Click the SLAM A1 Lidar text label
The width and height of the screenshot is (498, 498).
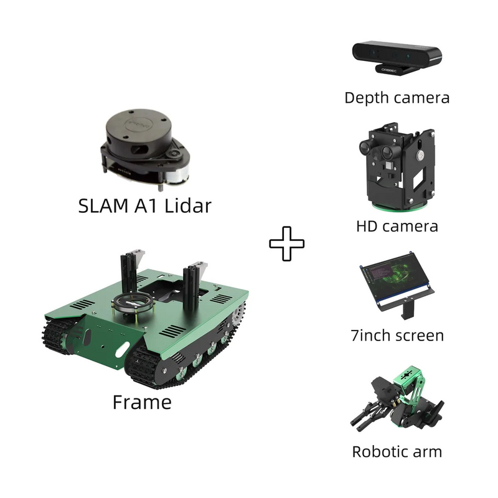point(144,206)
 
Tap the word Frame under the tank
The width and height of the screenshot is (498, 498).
point(142,402)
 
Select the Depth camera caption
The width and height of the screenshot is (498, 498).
point(397,98)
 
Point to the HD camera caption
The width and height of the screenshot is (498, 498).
point(397,227)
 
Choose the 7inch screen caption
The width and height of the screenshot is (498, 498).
point(397,336)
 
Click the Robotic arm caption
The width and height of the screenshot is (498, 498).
point(397,452)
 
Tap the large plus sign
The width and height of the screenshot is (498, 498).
point(287,243)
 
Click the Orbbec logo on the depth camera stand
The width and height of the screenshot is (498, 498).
point(389,70)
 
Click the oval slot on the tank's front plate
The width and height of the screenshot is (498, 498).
point(122,350)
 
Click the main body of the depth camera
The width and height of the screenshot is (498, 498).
point(397,54)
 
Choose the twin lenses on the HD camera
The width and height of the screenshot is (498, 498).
point(377,149)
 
